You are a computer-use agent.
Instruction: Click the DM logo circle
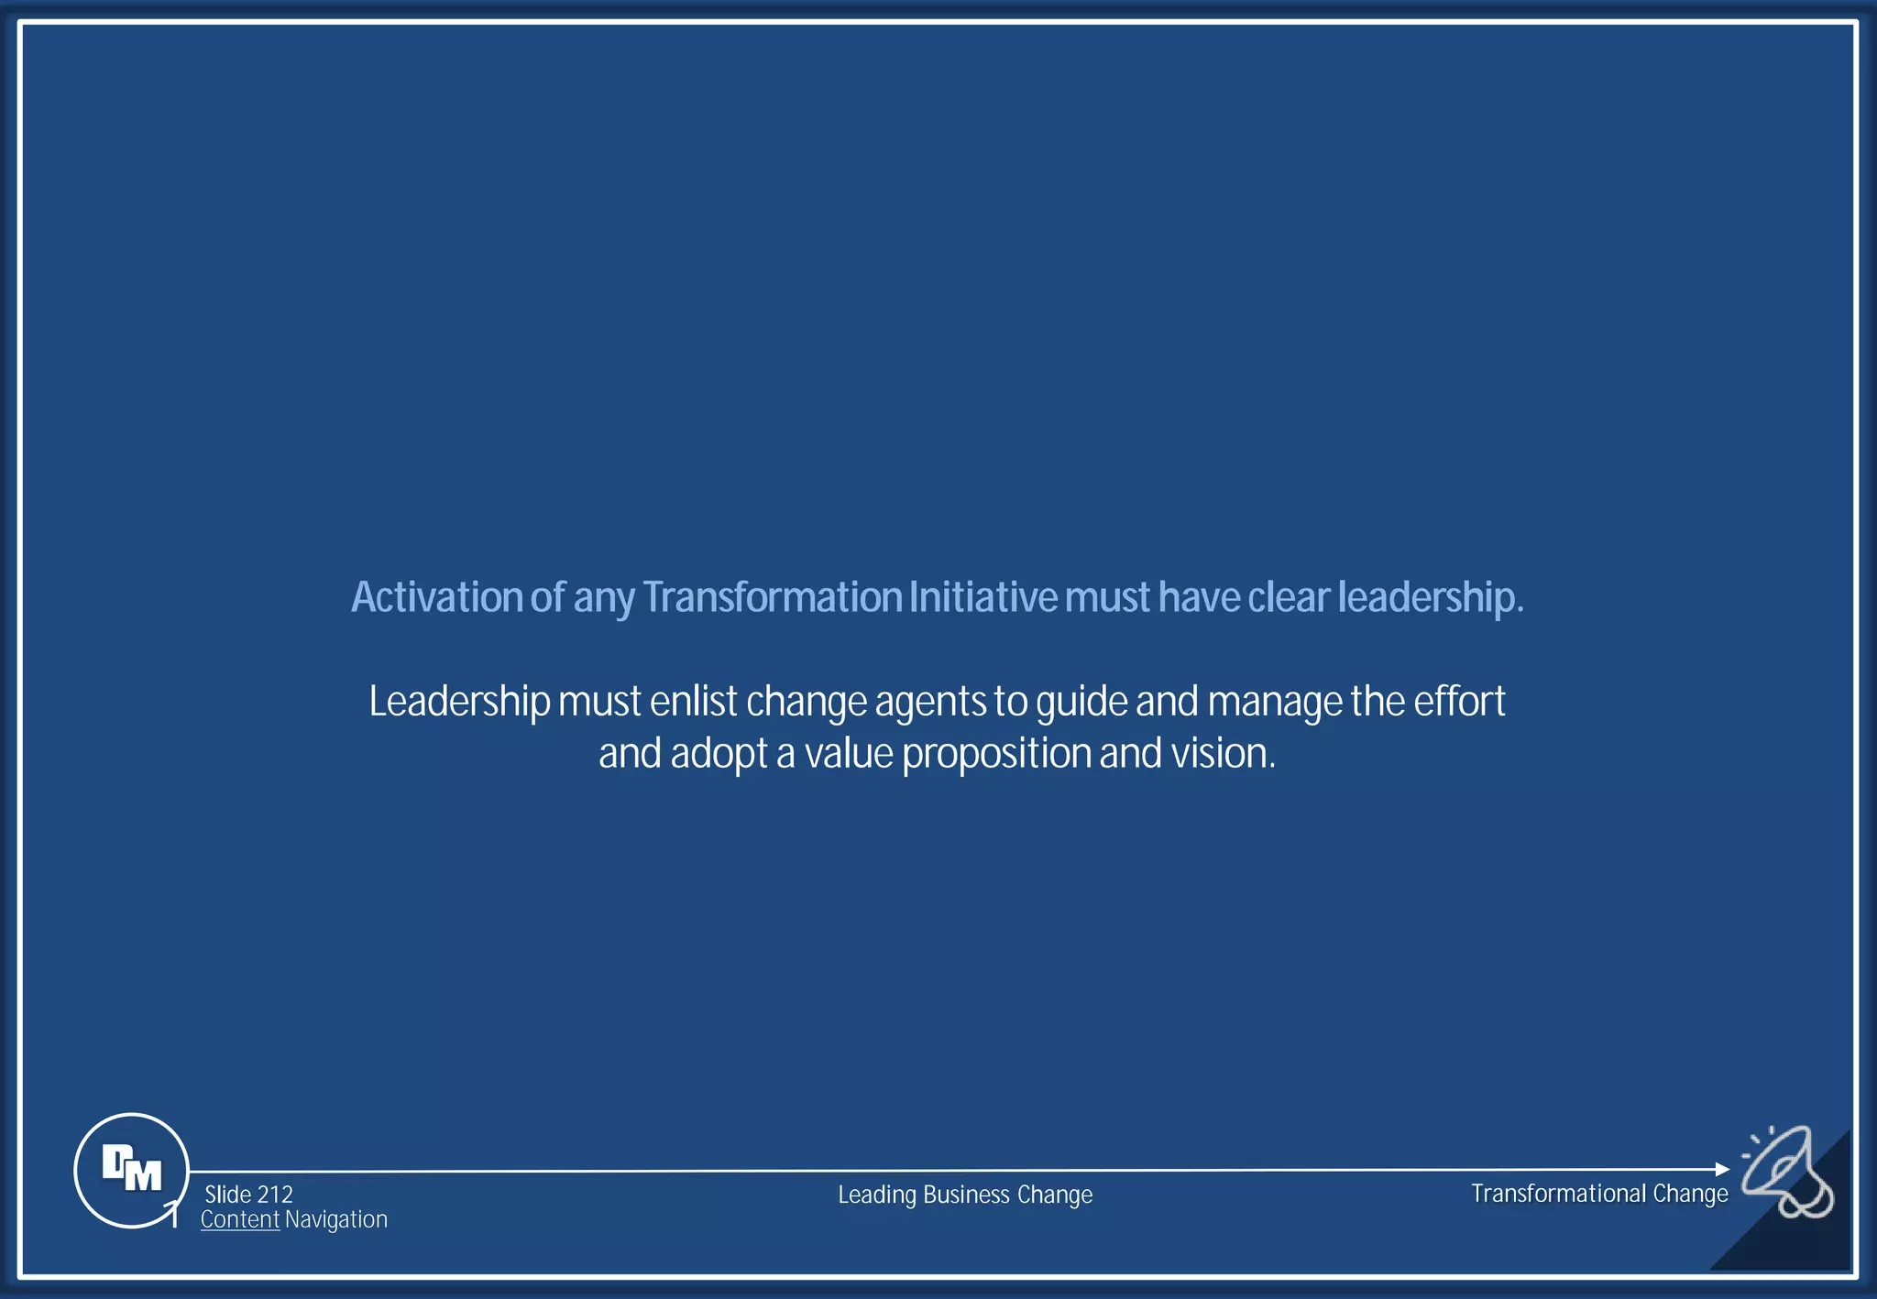click(131, 1170)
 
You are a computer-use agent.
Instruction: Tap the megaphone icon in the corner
click(1787, 1172)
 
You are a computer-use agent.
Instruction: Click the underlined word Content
click(240, 1219)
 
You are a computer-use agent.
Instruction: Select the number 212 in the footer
click(275, 1195)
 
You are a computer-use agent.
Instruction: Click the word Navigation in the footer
click(336, 1219)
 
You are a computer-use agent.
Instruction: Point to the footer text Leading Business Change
click(965, 1195)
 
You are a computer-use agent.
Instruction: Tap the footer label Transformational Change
click(1599, 1194)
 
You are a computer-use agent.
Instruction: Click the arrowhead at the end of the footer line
click(1722, 1169)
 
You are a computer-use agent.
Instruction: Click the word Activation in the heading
click(436, 597)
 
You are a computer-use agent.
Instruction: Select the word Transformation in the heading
click(773, 597)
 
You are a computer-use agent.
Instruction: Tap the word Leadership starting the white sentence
click(459, 702)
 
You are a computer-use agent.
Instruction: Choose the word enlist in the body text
click(694, 702)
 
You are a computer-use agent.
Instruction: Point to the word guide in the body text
click(1081, 702)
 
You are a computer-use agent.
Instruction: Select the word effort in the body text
click(1459, 702)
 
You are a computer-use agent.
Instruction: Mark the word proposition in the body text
click(996, 754)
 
